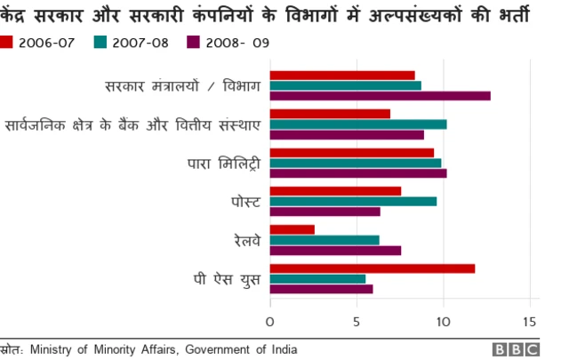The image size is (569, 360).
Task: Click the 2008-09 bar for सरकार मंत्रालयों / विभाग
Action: click(x=380, y=96)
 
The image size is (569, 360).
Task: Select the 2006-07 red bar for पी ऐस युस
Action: click(x=372, y=268)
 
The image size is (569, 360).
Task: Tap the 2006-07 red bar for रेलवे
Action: click(x=292, y=229)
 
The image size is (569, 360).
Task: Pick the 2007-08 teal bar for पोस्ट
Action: click(x=353, y=201)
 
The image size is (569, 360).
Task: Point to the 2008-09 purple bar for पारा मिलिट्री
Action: click(x=357, y=173)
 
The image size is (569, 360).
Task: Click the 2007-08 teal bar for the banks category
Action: click(x=357, y=124)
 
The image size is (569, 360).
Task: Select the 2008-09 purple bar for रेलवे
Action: click(x=335, y=250)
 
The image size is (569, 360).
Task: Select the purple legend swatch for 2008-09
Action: click(x=193, y=42)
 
